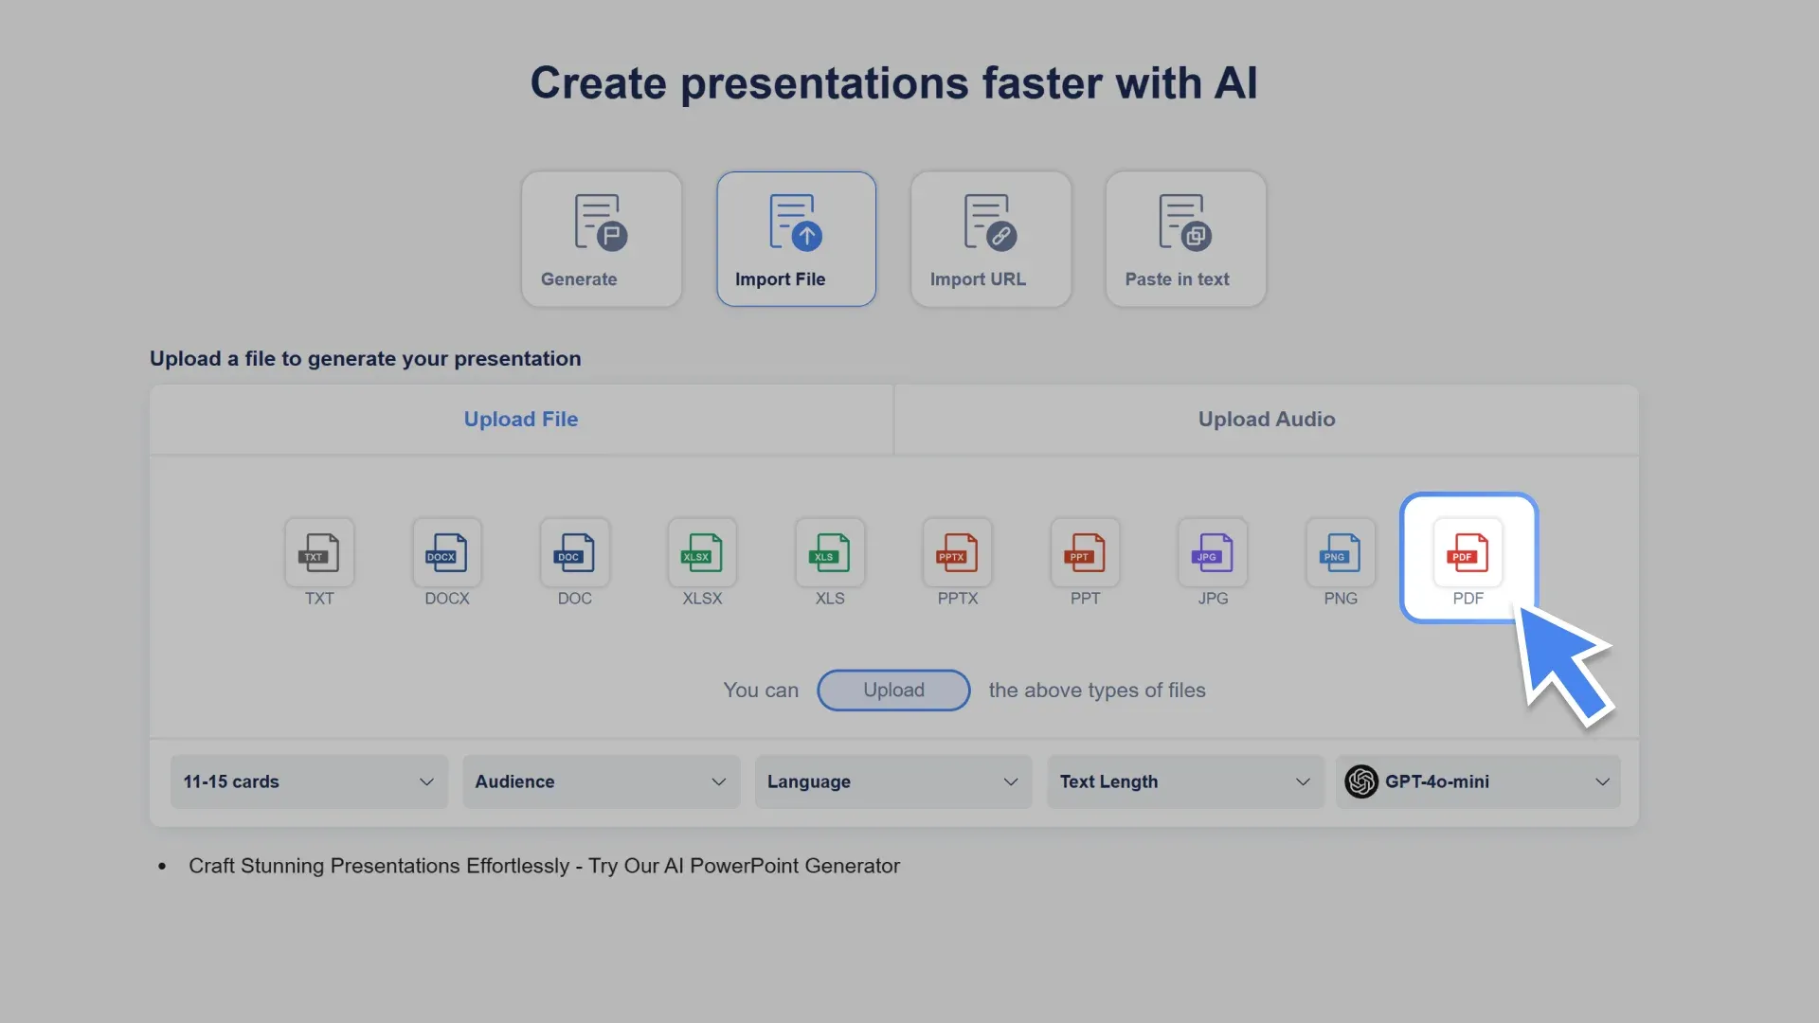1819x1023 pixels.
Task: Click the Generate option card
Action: click(601, 239)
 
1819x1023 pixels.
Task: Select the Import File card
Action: click(796, 239)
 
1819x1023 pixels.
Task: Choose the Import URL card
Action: click(991, 239)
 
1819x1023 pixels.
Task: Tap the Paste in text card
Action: click(1185, 239)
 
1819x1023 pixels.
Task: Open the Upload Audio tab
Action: click(1266, 420)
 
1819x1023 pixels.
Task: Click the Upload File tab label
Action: click(521, 420)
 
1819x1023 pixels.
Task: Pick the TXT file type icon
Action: click(319, 553)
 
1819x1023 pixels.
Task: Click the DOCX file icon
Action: click(446, 553)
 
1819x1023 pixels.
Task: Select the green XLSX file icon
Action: click(702, 553)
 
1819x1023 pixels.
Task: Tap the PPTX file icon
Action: click(957, 553)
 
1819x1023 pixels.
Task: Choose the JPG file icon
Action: click(1213, 553)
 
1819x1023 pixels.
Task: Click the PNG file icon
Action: click(1340, 553)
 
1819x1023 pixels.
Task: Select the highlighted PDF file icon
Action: click(1468, 553)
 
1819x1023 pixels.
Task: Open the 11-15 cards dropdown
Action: click(309, 781)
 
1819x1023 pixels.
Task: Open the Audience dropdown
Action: click(601, 781)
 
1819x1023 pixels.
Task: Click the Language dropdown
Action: click(892, 781)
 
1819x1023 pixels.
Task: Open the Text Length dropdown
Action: click(1184, 781)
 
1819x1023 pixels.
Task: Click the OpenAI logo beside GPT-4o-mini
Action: click(1361, 781)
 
